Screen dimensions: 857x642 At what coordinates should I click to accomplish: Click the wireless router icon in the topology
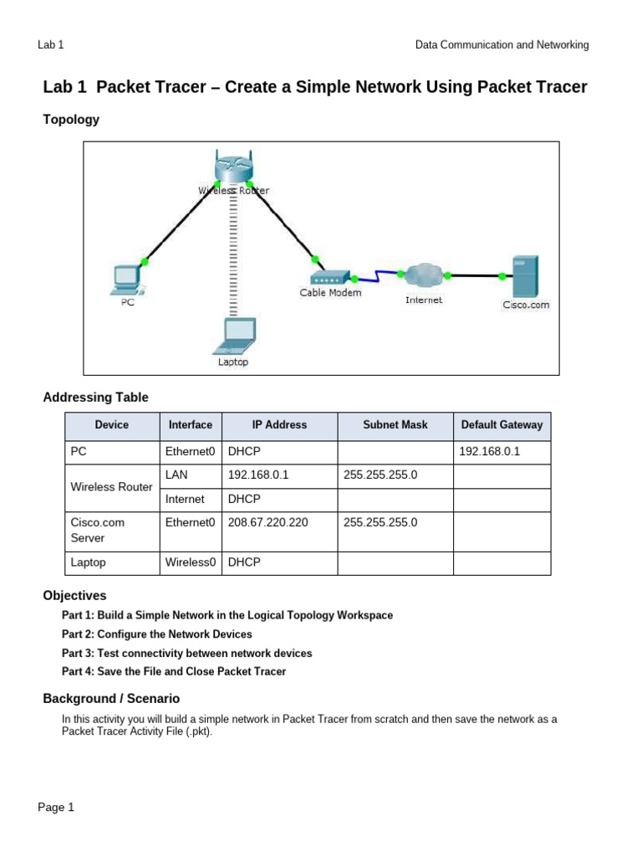point(232,168)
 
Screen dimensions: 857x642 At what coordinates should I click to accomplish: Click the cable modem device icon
point(329,277)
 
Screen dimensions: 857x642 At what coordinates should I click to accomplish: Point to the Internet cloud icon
point(423,275)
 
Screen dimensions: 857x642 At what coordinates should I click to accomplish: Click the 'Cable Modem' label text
point(330,293)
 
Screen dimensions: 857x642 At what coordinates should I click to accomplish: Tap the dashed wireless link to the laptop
point(233,259)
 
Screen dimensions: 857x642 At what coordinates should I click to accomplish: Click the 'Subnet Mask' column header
point(395,425)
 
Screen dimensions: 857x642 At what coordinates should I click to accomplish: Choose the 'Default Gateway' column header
point(502,425)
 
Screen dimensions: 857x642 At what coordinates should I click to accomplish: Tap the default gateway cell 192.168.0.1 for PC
point(490,452)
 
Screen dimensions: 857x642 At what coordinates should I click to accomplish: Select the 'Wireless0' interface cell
point(191,562)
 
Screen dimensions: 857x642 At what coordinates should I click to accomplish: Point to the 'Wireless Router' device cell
point(111,487)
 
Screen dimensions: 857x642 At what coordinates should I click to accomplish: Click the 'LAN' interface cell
point(177,475)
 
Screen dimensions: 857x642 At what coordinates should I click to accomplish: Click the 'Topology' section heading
point(71,120)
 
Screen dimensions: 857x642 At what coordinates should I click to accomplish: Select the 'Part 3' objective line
point(186,653)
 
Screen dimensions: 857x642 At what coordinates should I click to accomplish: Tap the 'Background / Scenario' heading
point(111,698)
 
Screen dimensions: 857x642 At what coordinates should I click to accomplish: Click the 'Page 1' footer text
point(56,808)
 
